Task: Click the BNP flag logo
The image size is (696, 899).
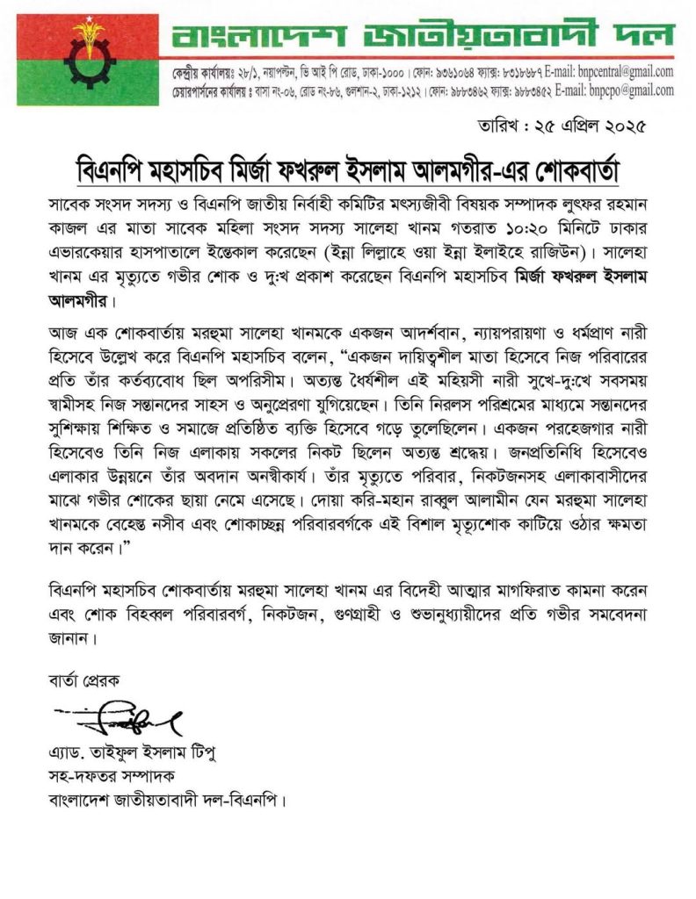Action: (x=87, y=60)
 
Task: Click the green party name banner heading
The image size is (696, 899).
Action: (x=423, y=36)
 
